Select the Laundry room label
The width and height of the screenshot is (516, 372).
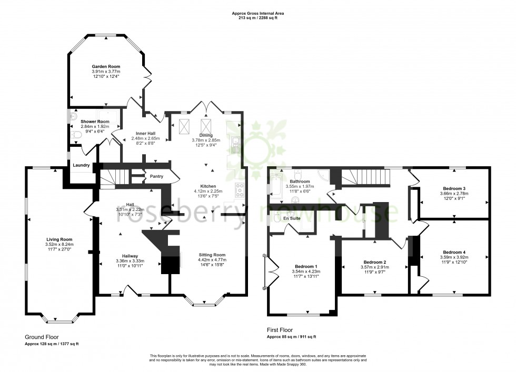pos(81,165)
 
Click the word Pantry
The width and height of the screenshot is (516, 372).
pos(156,176)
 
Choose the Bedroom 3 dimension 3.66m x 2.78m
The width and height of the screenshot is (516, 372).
pos(453,193)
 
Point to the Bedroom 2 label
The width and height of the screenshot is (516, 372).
pos(376,262)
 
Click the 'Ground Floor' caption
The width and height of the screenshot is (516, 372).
pos(42,337)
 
